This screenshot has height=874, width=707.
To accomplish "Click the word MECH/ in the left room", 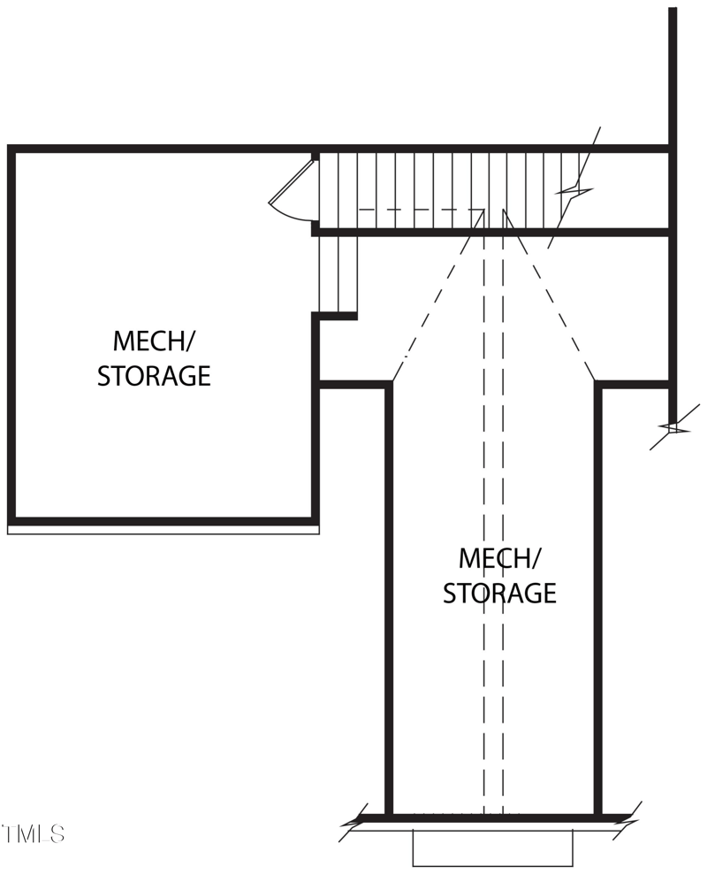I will coord(154,341).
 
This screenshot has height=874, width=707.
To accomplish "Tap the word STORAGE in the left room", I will coord(154,376).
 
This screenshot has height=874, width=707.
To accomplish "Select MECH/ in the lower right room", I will coord(499,559).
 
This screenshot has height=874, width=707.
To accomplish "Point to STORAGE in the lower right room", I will coord(499,593).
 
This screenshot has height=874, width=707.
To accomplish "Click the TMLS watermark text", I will coord(33,833).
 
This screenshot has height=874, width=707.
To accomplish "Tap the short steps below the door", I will coord(338,274).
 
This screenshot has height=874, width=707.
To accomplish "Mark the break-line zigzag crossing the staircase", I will coord(574,189).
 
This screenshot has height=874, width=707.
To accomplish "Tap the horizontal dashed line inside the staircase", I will coord(420,211).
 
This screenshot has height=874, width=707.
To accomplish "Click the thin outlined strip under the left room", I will coord(163,530).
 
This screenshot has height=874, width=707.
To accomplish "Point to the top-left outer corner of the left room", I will coord(11,149).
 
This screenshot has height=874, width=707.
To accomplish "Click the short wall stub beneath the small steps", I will coord(337,316).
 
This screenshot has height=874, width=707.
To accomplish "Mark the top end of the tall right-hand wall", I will coord(673,11).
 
